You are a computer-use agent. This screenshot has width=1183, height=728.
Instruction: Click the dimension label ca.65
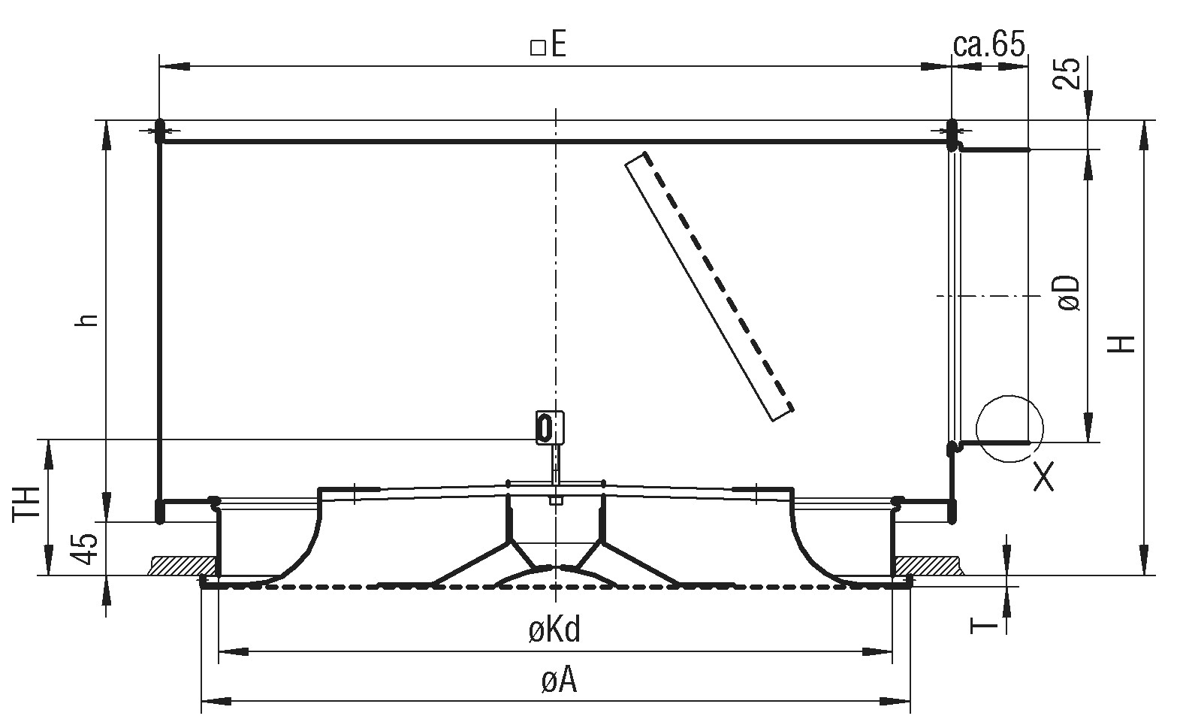(988, 44)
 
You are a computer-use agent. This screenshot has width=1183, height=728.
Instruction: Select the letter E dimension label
(557, 45)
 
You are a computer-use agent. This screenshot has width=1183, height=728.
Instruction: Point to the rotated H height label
(1121, 344)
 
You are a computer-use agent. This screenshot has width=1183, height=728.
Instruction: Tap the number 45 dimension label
(84, 548)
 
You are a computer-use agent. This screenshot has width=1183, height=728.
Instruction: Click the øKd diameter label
(554, 630)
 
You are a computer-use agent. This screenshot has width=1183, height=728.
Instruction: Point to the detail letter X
(1043, 476)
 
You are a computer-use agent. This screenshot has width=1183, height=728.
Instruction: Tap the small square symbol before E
(538, 48)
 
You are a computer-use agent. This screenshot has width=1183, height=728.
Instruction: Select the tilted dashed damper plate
(709, 286)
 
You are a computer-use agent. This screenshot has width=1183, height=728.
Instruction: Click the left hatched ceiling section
(183, 565)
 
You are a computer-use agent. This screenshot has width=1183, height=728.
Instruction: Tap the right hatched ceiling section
(928, 565)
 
